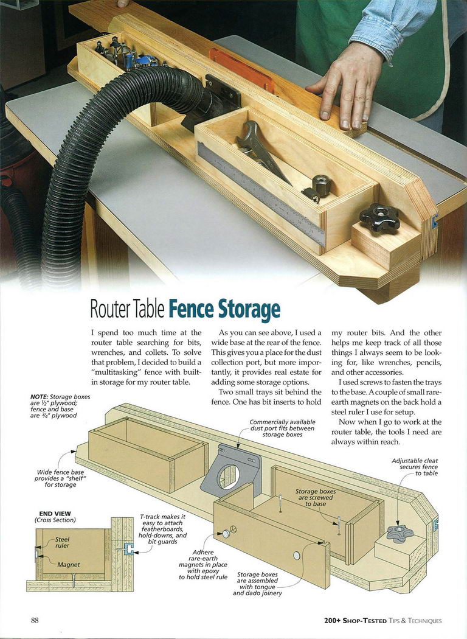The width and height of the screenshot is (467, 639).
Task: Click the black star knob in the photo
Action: point(379,218)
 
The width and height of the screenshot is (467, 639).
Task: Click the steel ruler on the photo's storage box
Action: point(261,194)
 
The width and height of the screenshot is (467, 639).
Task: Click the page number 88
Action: point(35,620)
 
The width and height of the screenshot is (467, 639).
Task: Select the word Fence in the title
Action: point(192,309)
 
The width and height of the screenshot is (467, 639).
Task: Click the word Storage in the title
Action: point(249,310)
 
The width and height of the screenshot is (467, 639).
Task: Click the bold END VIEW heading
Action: point(55,514)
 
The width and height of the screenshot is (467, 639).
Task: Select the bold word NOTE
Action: point(39,397)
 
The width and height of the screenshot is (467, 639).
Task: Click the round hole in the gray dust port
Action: point(229,477)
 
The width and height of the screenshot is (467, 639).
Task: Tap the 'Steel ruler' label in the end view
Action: point(62,542)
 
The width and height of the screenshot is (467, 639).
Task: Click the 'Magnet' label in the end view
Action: point(68,565)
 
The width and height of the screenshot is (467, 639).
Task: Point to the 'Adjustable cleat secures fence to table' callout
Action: point(415,467)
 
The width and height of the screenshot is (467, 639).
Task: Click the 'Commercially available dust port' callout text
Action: point(282,428)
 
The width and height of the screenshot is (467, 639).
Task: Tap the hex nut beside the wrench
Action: point(321,185)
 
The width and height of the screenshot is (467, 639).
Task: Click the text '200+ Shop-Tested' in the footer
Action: point(355,621)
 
